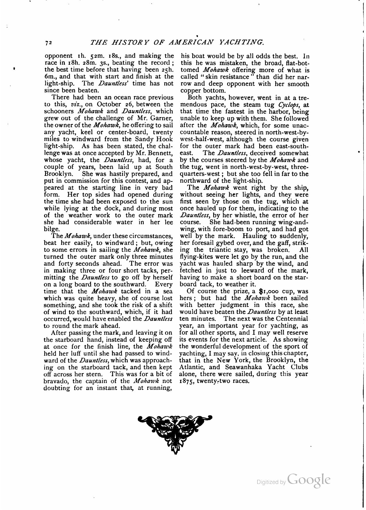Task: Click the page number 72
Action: (48, 43)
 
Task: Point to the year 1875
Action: (187, 381)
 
